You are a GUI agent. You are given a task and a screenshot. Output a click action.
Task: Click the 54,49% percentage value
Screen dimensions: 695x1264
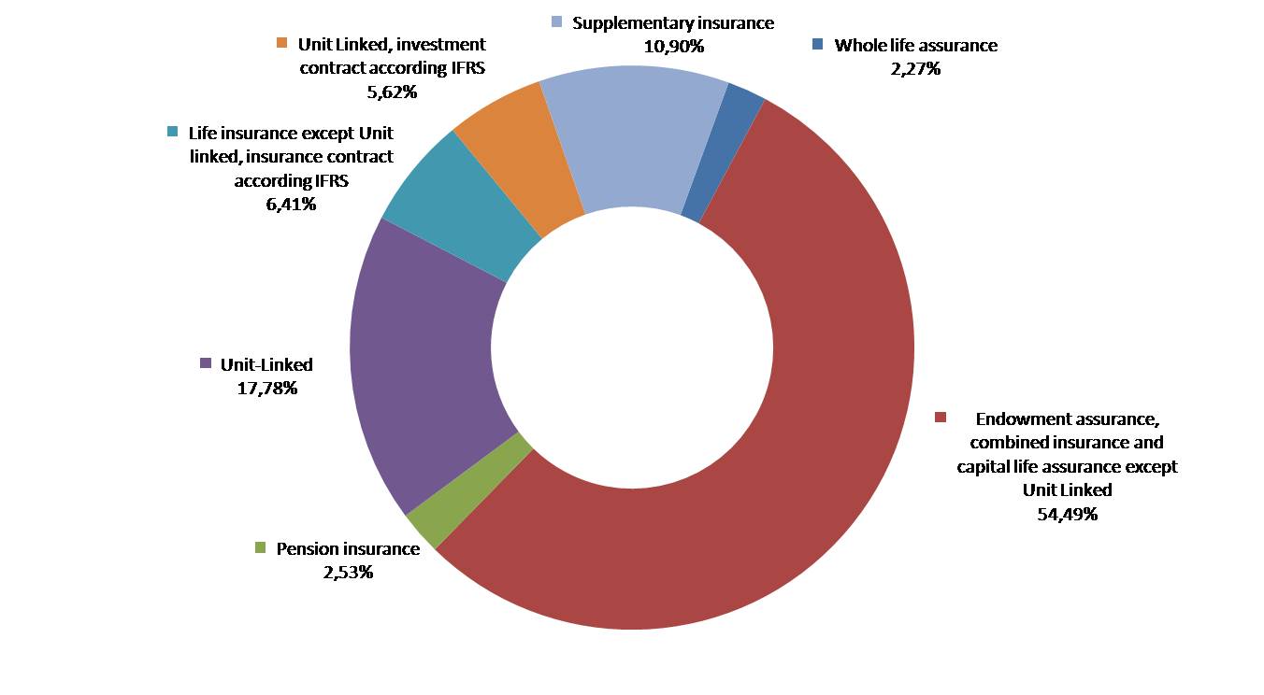(1067, 513)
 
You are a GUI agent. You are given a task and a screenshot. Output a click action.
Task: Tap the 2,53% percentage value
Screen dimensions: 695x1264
(348, 571)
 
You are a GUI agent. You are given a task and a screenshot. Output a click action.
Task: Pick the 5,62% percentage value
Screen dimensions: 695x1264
(392, 92)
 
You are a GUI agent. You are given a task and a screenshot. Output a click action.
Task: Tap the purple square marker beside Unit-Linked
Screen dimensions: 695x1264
(206, 364)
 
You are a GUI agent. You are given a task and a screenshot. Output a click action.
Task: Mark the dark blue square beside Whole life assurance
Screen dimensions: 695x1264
(818, 45)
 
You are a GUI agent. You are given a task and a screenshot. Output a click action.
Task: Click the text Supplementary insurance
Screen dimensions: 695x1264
(673, 23)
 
